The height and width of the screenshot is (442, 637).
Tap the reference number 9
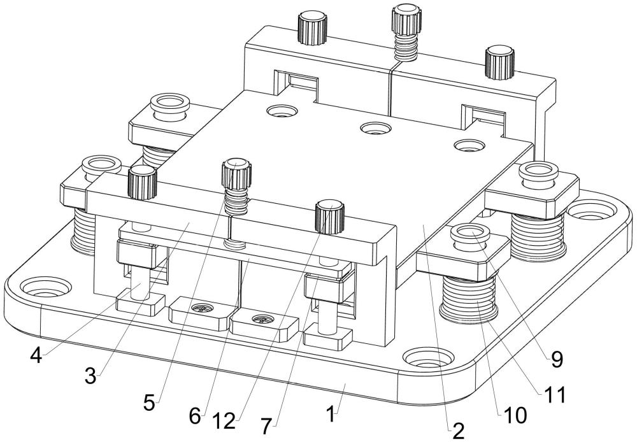557,360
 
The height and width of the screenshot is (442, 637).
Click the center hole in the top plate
373,129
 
